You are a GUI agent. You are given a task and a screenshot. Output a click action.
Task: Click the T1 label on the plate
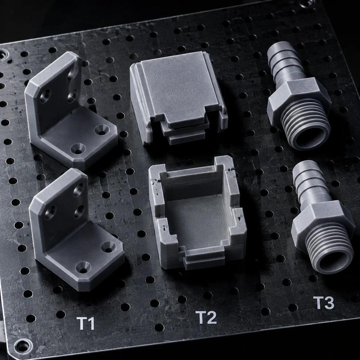point(85,323)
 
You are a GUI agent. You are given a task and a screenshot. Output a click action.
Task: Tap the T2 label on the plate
point(206,317)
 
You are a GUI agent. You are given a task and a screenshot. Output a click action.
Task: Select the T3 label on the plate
point(323,302)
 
